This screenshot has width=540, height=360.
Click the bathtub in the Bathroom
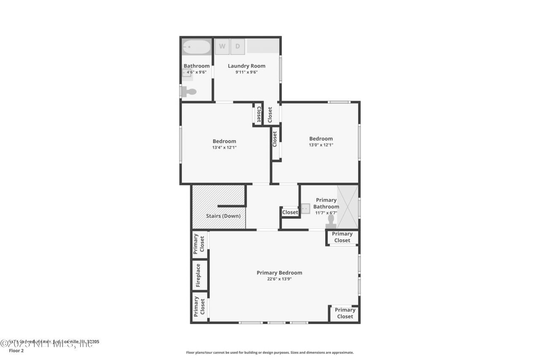(x=197, y=47)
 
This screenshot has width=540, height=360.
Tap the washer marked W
(x=222, y=46)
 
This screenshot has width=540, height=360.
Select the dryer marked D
(x=238, y=46)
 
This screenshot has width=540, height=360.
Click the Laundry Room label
(x=246, y=66)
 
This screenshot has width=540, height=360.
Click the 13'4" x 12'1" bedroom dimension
(x=224, y=148)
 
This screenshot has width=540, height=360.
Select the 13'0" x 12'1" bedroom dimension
(x=321, y=145)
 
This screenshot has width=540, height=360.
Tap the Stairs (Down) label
(x=223, y=216)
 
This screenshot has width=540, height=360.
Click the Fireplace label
(x=198, y=276)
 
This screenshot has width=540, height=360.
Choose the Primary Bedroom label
(x=279, y=273)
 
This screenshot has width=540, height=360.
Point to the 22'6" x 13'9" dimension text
(x=279, y=279)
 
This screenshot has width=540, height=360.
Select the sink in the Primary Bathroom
(x=305, y=208)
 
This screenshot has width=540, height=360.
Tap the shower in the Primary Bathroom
(x=348, y=207)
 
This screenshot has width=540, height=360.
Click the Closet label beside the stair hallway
(x=290, y=212)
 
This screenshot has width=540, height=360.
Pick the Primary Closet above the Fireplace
(x=199, y=244)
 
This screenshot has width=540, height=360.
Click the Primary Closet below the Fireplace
(x=199, y=306)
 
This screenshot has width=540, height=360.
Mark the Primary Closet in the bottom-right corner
(x=345, y=313)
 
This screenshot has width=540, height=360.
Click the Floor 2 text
(x=16, y=350)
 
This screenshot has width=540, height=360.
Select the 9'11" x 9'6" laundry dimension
(x=246, y=72)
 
